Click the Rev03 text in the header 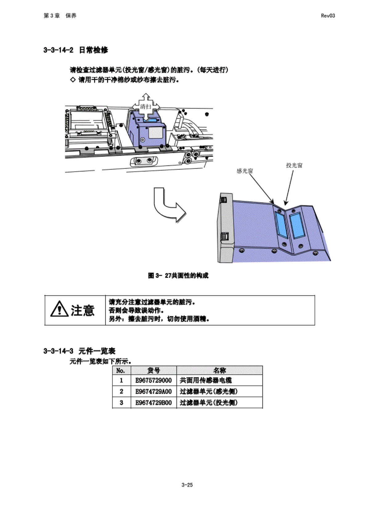(x=327, y=16)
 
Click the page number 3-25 (x=187, y=485)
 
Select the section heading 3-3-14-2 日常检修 (x=75, y=50)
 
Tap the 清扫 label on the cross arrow (x=146, y=107)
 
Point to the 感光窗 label (x=245, y=171)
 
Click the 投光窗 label (x=294, y=165)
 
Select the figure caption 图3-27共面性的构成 (x=178, y=275)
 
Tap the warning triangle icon (x=59, y=309)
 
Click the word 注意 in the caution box (x=83, y=310)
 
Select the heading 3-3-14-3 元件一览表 (x=79, y=351)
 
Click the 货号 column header (x=153, y=370)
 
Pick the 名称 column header (x=219, y=370)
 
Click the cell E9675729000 (x=153, y=380)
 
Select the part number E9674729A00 (x=153, y=391)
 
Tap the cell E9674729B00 (x=153, y=402)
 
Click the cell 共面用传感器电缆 (x=205, y=380)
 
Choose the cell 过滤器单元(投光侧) (x=209, y=402)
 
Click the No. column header (x=121, y=370)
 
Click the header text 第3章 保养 (x=60, y=16)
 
